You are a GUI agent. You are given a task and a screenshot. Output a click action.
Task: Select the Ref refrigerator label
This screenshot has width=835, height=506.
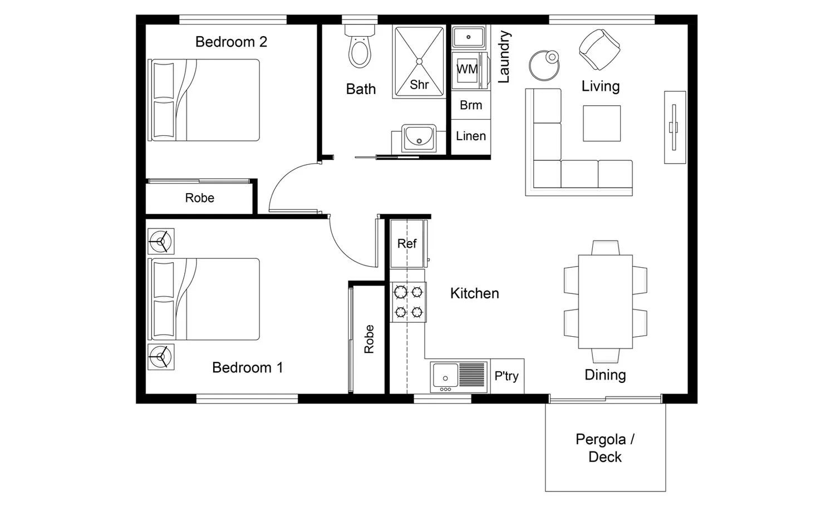pyautogui.click(x=407, y=243)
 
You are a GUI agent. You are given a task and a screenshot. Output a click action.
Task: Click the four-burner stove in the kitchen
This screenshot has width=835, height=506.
pyautogui.click(x=408, y=302)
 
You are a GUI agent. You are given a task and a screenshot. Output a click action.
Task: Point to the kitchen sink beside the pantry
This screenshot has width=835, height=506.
pyautogui.click(x=459, y=377)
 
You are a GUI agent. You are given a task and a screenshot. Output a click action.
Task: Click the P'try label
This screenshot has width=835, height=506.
pyautogui.click(x=506, y=376)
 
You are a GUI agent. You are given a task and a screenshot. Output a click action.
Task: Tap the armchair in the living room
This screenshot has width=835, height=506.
pyautogui.click(x=600, y=49)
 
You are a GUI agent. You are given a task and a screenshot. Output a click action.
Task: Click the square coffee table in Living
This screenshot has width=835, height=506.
pyautogui.click(x=602, y=124)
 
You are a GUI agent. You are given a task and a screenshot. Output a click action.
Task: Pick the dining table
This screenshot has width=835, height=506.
pyautogui.click(x=606, y=302)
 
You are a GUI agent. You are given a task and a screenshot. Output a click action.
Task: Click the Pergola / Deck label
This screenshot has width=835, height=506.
pyautogui.click(x=605, y=448)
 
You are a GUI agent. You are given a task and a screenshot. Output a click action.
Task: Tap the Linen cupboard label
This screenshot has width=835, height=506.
pyautogui.click(x=471, y=136)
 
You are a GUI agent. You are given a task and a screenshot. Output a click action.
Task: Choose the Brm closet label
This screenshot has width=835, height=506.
pyautogui.click(x=471, y=105)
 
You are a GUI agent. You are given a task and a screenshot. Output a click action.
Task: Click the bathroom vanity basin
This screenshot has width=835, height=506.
pyautogui.click(x=419, y=137)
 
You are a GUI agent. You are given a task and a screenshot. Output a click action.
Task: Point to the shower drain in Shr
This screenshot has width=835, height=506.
pyautogui.click(x=419, y=61)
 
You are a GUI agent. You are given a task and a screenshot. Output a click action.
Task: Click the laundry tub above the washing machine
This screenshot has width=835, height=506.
pyautogui.click(x=469, y=37)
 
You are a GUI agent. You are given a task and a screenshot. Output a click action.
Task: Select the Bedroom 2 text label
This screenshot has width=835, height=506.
pyautogui.click(x=231, y=42)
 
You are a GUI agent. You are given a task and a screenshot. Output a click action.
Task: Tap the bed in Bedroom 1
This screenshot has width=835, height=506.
pyautogui.click(x=204, y=299)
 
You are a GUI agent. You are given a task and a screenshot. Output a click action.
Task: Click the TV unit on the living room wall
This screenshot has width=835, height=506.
pyautogui.click(x=675, y=127)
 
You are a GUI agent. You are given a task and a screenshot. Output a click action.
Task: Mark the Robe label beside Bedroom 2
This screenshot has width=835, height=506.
pyautogui.click(x=200, y=198)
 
